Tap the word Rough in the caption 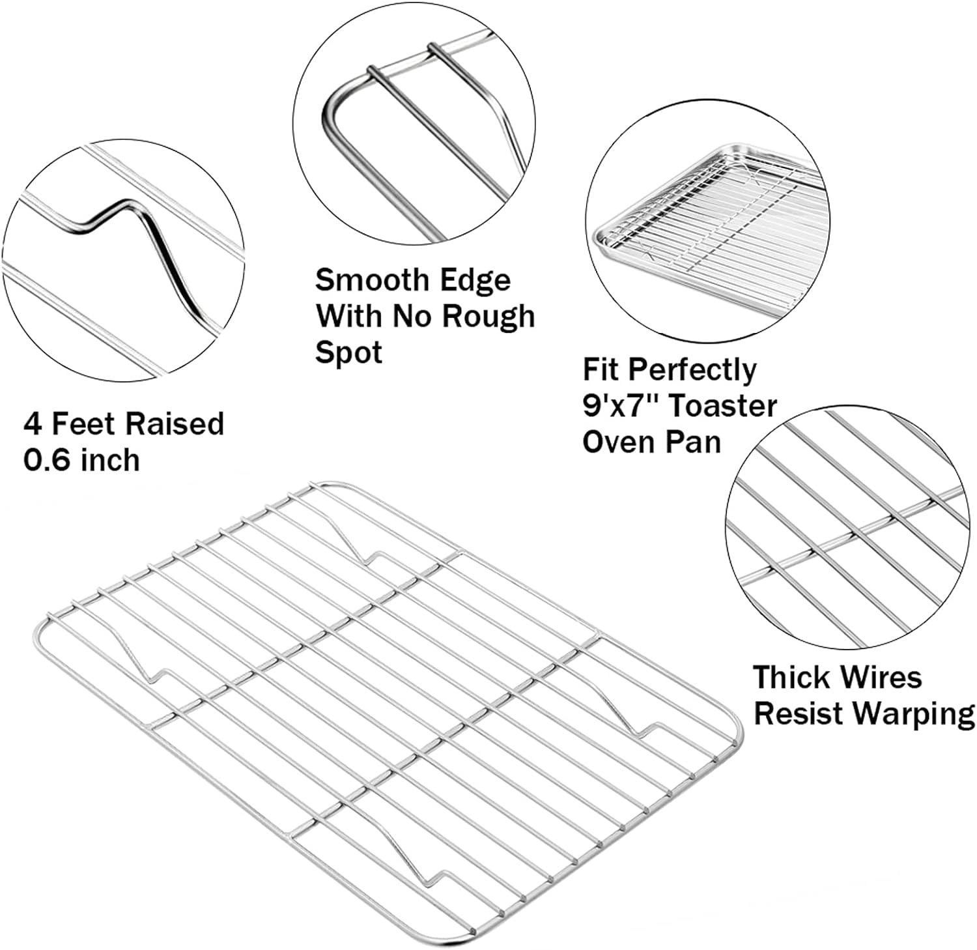point(488,317)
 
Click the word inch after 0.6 point(110,460)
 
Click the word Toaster point(723,407)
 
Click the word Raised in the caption point(175,424)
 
